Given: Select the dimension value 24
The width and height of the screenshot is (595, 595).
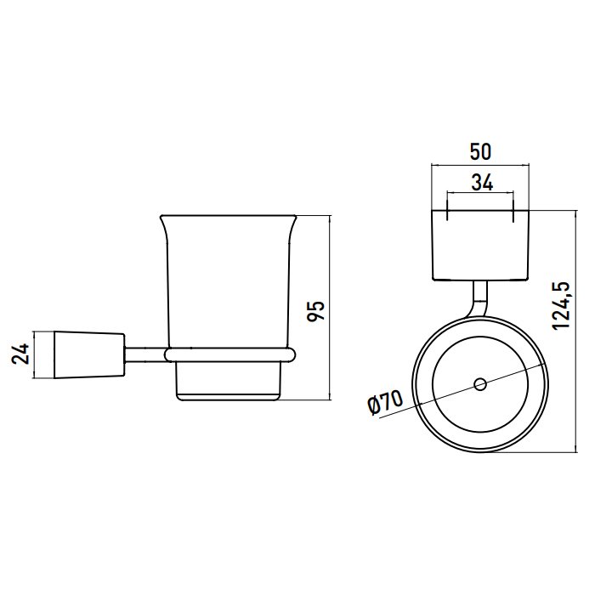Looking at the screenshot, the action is pyautogui.click(x=21, y=354).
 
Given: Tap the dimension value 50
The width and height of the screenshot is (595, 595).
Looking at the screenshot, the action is pyautogui.click(x=480, y=152).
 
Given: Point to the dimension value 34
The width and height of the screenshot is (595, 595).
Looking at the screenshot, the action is pyautogui.click(x=482, y=183).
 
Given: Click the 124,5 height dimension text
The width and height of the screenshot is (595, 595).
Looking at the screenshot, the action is pyautogui.click(x=562, y=306).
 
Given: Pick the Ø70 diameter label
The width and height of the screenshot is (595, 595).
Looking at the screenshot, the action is pyautogui.click(x=385, y=403).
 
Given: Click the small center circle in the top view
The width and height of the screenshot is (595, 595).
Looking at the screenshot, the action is pyautogui.click(x=480, y=384).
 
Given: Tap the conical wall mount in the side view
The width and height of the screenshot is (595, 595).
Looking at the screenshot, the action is pyautogui.click(x=89, y=355).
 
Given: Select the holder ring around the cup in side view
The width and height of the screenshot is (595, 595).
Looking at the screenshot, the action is pyautogui.click(x=230, y=354).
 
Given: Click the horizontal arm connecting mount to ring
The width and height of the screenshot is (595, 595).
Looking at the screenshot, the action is pyautogui.click(x=145, y=354).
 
